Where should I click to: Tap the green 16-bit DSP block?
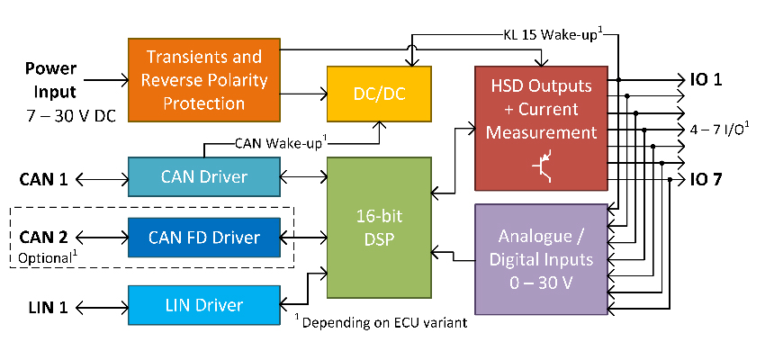377,227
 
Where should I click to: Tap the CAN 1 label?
44,177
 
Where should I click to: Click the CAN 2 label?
44,238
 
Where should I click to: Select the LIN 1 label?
42,306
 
